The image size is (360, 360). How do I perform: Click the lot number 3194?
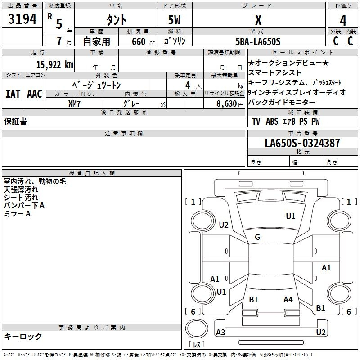(22, 19)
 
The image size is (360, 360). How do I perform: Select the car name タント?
(116, 20)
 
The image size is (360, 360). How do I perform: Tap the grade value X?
(258, 20)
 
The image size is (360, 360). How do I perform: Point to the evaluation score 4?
(343, 20)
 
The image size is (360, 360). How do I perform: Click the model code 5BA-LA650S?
(258, 41)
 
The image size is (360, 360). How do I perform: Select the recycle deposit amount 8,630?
(226, 103)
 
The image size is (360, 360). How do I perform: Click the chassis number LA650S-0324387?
(302, 143)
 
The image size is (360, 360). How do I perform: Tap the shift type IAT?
(13, 94)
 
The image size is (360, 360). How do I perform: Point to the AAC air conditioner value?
(35, 94)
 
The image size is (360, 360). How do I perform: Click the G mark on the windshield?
(257, 237)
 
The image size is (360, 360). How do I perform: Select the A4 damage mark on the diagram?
(288, 299)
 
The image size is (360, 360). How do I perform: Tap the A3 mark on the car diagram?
(221, 333)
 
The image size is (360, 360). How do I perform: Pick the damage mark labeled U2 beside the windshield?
(224, 225)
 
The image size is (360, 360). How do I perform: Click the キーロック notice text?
(23, 336)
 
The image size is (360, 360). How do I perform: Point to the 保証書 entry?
(15, 121)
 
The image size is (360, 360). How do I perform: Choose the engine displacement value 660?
(139, 42)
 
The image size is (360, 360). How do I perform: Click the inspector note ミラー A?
(17, 214)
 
